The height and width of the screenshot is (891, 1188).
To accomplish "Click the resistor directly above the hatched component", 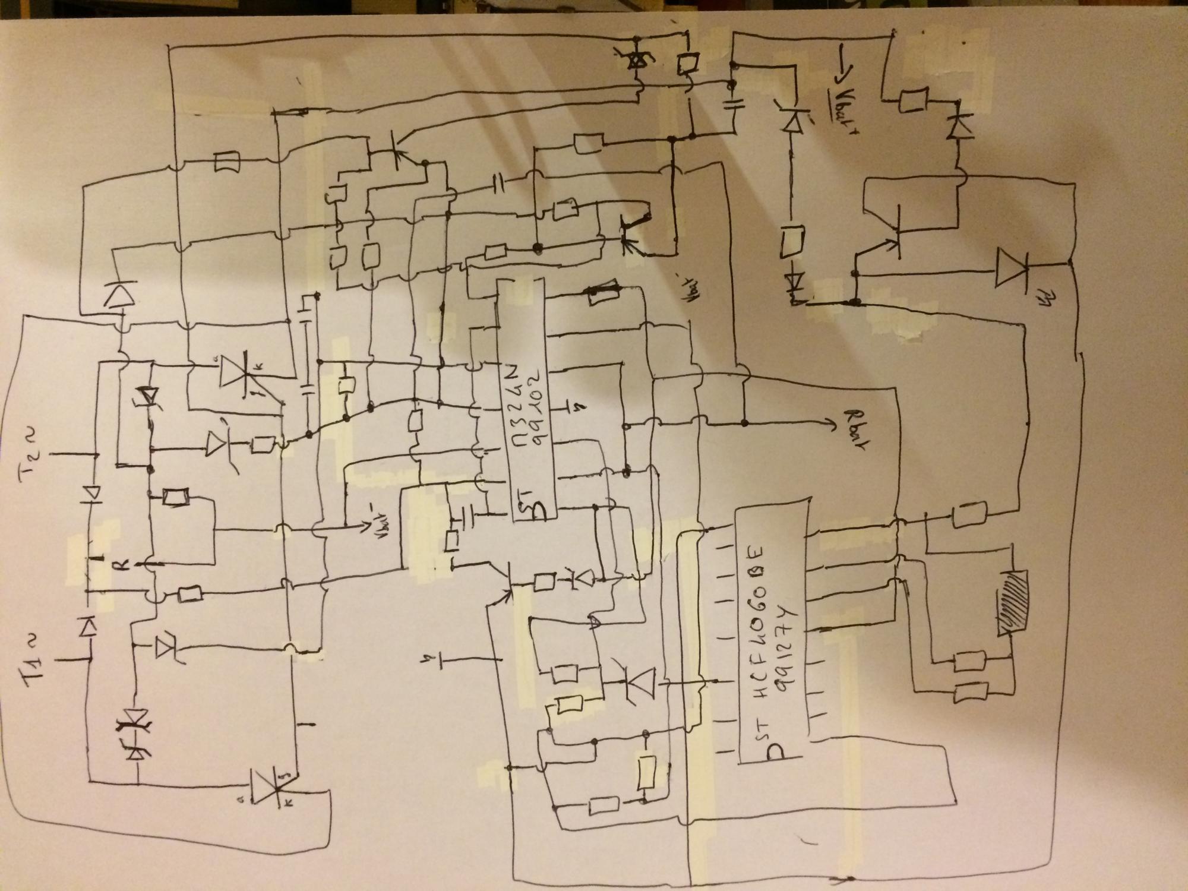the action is point(969,513).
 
